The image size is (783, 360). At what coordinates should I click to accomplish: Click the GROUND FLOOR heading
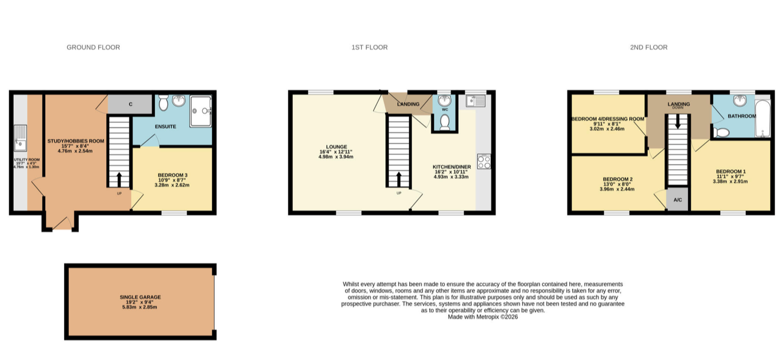click(93, 47)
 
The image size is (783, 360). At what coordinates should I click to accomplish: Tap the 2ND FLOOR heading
click(649, 47)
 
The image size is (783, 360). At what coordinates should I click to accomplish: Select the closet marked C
click(130, 104)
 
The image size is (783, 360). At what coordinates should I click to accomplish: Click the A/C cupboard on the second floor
click(677, 199)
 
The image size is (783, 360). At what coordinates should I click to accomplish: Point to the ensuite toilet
click(163, 103)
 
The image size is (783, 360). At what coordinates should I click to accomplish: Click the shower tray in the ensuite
click(201, 111)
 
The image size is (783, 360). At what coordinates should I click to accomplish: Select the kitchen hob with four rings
click(484, 162)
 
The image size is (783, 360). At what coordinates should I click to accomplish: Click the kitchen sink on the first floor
click(476, 101)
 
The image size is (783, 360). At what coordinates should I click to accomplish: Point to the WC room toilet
click(445, 122)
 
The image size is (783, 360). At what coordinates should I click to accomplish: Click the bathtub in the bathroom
click(762, 118)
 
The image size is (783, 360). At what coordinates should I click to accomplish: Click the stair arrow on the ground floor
click(119, 179)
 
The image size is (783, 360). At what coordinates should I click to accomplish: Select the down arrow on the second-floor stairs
click(678, 122)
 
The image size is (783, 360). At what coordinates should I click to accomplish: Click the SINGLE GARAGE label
click(140, 297)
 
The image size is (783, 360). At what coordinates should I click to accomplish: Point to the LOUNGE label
click(336, 147)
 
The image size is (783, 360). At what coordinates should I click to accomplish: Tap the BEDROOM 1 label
click(730, 171)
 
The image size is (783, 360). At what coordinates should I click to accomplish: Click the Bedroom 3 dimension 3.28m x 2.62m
click(172, 185)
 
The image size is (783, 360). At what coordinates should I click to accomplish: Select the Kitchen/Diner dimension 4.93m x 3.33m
click(452, 177)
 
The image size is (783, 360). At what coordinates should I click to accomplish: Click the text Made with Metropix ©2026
click(483, 317)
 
